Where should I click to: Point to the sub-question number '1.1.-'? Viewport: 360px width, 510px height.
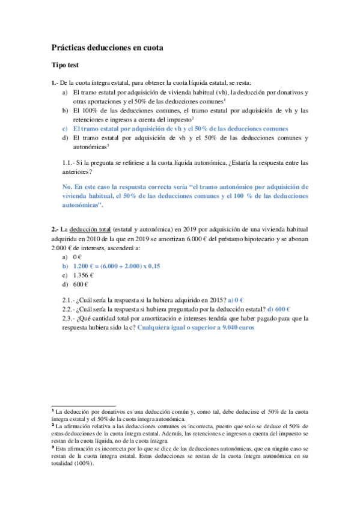pos(71,162)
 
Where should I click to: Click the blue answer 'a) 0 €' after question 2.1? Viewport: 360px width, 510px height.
pos(239,300)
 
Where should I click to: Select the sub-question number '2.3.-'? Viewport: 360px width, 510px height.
pos(71,319)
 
